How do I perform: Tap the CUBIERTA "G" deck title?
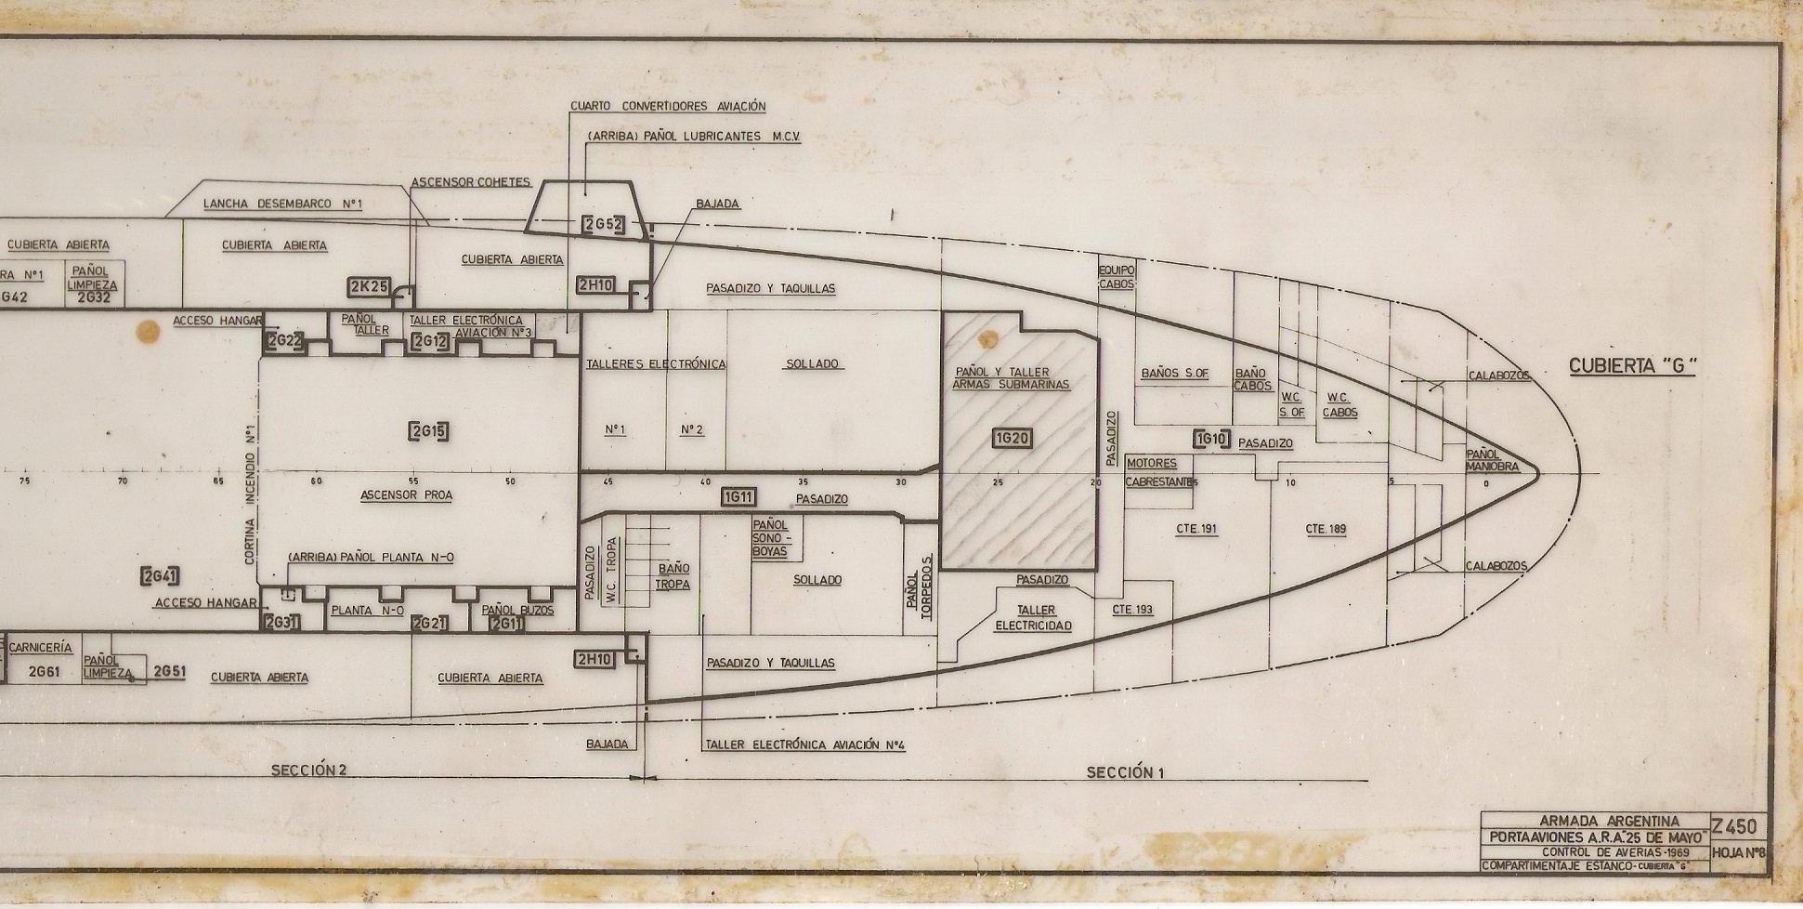[x=1632, y=366]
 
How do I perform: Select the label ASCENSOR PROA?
[x=406, y=495]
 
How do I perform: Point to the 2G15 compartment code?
[x=428, y=430]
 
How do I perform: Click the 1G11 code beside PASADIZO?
[x=738, y=498]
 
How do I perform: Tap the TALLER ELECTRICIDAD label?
[x=1033, y=618]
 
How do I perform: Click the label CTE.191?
[x=1195, y=529]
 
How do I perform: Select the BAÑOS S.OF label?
[x=1174, y=374]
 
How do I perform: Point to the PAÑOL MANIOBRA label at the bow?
[x=1492, y=460]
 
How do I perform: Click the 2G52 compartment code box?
[x=603, y=224]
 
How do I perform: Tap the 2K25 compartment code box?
[x=368, y=287]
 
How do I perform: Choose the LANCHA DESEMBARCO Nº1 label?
[x=282, y=204]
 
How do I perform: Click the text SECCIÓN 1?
[x=1125, y=772]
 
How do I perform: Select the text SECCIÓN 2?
[x=308, y=771]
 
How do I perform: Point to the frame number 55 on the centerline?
[x=413, y=481]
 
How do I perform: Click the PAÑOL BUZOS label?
[x=517, y=611]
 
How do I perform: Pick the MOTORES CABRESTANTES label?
[x=1159, y=472]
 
